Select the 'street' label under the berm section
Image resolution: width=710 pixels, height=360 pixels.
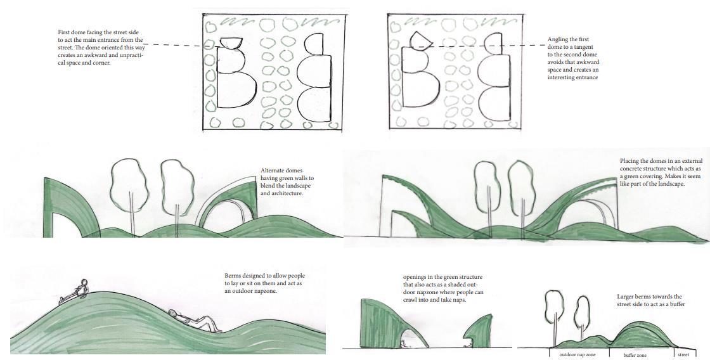(683, 354)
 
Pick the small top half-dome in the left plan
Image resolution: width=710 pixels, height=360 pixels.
(231, 42)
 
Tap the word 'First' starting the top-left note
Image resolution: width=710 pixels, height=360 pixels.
(65, 32)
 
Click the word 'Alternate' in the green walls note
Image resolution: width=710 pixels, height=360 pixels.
(273, 170)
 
